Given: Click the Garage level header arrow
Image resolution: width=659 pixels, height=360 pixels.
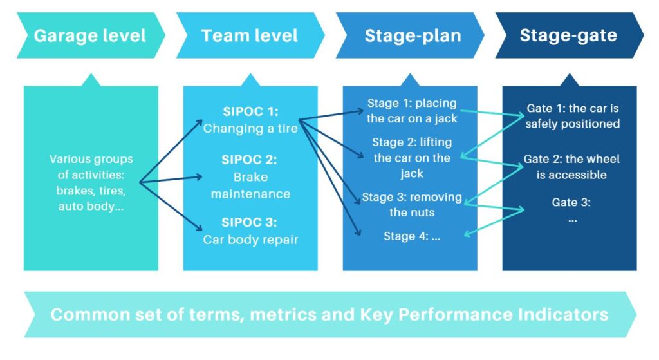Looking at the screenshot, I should tap(89, 35).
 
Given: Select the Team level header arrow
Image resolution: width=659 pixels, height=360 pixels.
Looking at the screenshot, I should tap(250, 35).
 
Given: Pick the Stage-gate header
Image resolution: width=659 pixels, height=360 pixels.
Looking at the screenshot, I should tap(568, 35).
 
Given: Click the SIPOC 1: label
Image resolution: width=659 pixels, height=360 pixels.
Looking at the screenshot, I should tap(250, 111).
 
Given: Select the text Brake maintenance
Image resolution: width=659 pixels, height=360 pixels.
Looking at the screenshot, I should tap(250, 185).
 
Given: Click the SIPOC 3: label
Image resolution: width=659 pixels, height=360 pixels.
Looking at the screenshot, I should tap(250, 222).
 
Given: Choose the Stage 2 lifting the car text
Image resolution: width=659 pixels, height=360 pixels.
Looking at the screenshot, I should tap(412, 158).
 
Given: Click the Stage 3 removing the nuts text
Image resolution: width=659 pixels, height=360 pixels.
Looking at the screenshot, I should tap(412, 204).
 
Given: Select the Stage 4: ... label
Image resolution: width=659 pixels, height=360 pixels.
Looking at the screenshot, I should tap(412, 236).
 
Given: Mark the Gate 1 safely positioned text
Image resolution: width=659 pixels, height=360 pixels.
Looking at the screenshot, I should tap(572, 116).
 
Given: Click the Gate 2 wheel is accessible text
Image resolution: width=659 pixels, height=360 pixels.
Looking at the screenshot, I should tap(572, 167).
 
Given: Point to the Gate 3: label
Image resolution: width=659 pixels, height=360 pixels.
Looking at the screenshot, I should tap(571, 203).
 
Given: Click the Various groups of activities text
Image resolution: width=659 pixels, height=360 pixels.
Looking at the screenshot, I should tap(91, 183).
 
